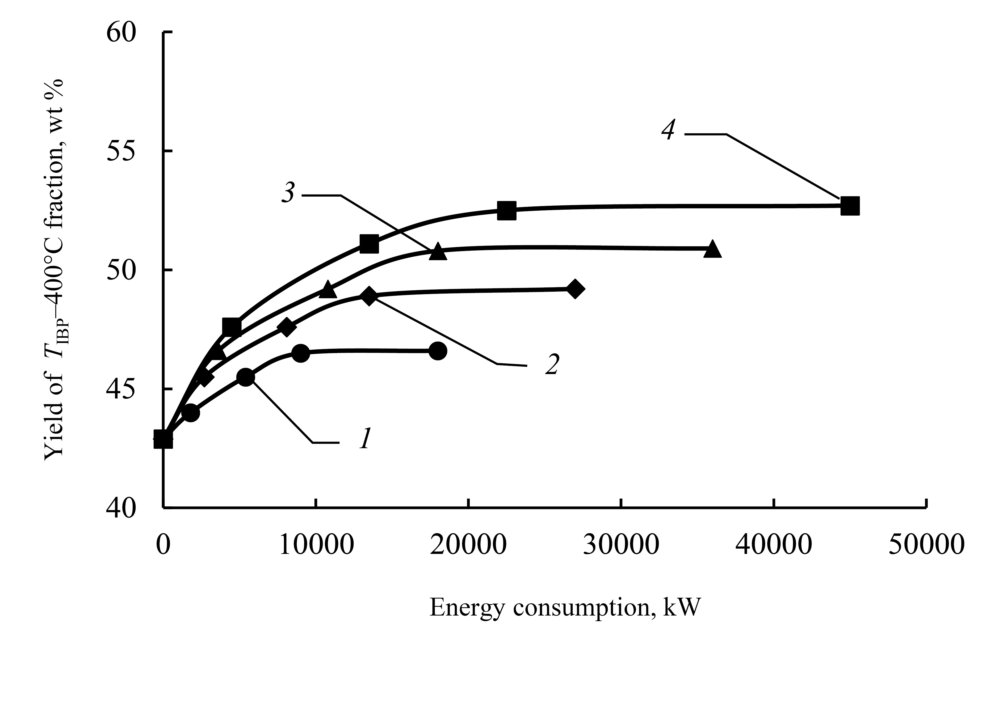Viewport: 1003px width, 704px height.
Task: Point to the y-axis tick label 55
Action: [x=121, y=151]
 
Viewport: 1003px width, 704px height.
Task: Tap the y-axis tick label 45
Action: [x=121, y=389]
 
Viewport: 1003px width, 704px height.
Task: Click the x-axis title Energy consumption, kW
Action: [x=565, y=607]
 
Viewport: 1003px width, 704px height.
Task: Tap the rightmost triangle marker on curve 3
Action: [x=712, y=249]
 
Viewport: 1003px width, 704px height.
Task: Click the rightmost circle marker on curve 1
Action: [x=438, y=351]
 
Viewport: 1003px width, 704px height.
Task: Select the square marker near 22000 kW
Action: [x=506, y=211]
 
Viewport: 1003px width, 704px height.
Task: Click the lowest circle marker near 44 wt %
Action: [x=190, y=413]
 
